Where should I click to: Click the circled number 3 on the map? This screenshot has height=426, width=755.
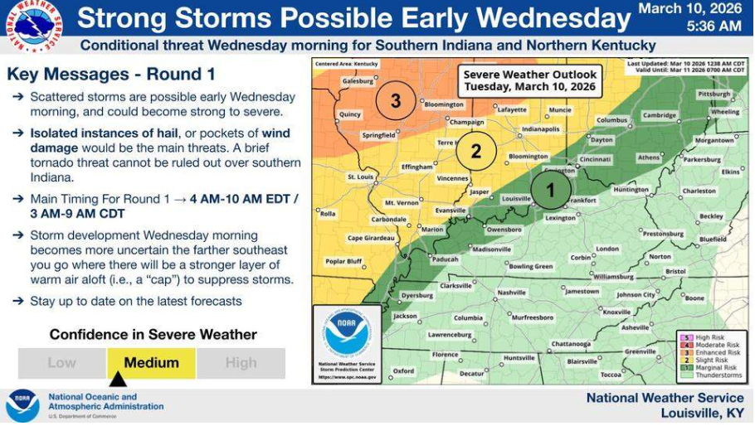tap(396, 101)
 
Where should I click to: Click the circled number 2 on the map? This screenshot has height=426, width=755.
tap(476, 151)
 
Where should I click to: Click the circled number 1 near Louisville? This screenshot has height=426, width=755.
tap(549, 190)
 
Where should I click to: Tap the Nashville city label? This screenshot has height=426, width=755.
tap(511, 293)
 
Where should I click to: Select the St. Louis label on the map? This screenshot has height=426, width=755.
tap(361, 177)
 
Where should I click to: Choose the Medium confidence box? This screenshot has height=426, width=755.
tap(151, 363)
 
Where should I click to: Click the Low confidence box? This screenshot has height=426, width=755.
tap(61, 363)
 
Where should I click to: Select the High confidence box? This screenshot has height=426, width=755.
tap(241, 363)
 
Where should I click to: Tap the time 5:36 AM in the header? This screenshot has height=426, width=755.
tap(714, 27)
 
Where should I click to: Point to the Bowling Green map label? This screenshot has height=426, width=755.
tap(530, 266)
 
